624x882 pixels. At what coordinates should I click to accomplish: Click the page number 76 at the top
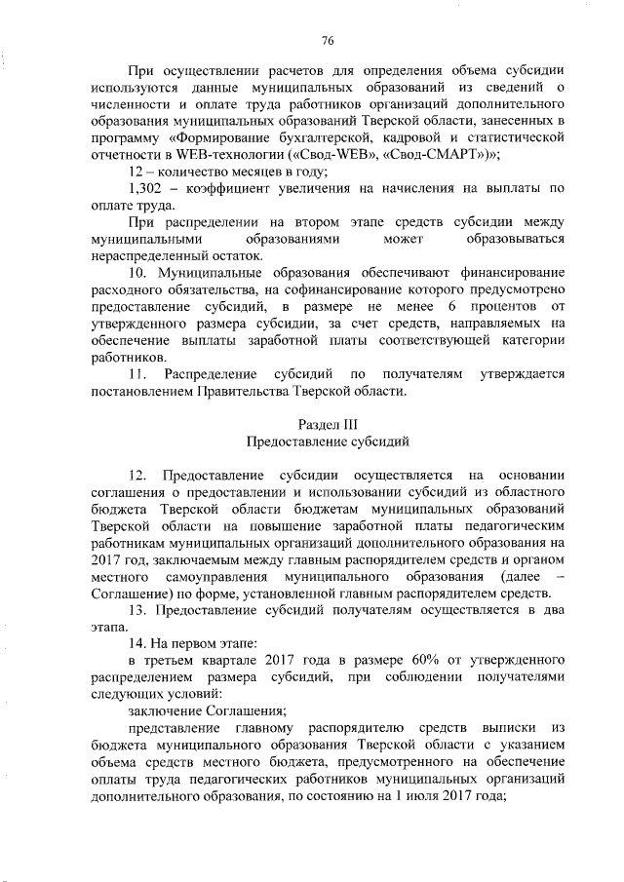(x=328, y=40)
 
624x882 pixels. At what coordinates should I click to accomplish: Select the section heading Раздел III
(x=327, y=425)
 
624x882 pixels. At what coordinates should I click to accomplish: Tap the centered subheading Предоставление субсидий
(x=327, y=441)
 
